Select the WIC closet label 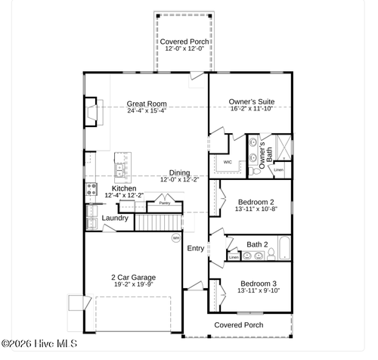(x=227, y=162)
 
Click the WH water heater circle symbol (x=176, y=238)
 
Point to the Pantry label (x=164, y=203)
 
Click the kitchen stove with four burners (x=91, y=189)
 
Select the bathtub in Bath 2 (x=284, y=248)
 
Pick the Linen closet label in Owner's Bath (x=278, y=170)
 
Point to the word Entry (x=195, y=248)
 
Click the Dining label (x=179, y=172)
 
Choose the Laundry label (x=114, y=218)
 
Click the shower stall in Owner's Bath (x=282, y=145)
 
